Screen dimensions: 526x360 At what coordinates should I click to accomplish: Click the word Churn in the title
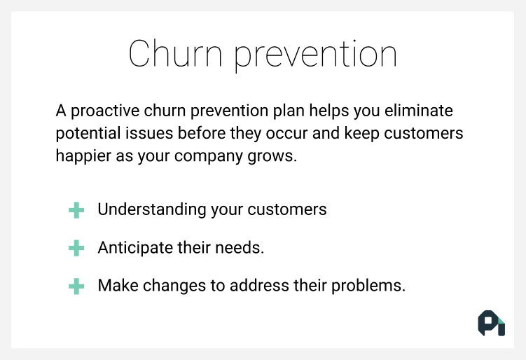175,54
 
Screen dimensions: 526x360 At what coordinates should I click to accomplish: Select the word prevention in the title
315,55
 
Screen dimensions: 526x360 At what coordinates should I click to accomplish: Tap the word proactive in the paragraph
105,111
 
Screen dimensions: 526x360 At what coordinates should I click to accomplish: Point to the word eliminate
419,111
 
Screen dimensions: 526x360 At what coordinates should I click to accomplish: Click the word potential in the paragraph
88,133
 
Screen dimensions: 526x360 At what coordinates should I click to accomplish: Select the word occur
286,134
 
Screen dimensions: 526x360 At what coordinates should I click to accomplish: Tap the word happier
83,156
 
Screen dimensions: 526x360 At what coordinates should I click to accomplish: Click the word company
208,156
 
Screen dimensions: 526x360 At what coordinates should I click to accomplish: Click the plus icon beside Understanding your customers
76,210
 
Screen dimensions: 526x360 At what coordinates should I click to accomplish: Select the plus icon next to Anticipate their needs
76,248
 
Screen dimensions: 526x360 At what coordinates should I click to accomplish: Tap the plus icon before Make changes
76,286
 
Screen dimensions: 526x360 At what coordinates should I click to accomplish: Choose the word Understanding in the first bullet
152,209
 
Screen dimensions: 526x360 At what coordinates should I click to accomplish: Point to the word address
259,286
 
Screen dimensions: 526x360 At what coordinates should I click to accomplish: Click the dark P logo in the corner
492,323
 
